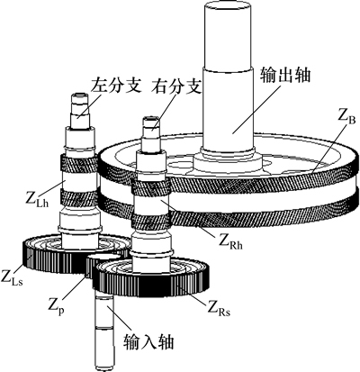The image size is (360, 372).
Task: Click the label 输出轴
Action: [285, 75]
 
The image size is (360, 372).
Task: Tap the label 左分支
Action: [116, 86]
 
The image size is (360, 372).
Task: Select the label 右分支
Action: [176, 86]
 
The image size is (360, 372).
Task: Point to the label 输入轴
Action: [148, 342]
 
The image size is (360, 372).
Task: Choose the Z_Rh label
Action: [230, 242]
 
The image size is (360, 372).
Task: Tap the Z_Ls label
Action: [12, 277]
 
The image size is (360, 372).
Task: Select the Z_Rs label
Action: [219, 308]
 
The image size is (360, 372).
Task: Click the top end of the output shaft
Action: [228, 4]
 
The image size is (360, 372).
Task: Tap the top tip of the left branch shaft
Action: [79, 95]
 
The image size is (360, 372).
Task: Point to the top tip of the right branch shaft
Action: [151, 119]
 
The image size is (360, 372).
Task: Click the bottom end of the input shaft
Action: [105, 367]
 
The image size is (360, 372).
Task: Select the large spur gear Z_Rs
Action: [151, 277]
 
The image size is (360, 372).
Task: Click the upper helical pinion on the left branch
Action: [78, 163]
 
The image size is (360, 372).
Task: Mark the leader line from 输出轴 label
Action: [257, 108]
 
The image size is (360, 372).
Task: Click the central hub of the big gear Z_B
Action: [228, 163]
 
